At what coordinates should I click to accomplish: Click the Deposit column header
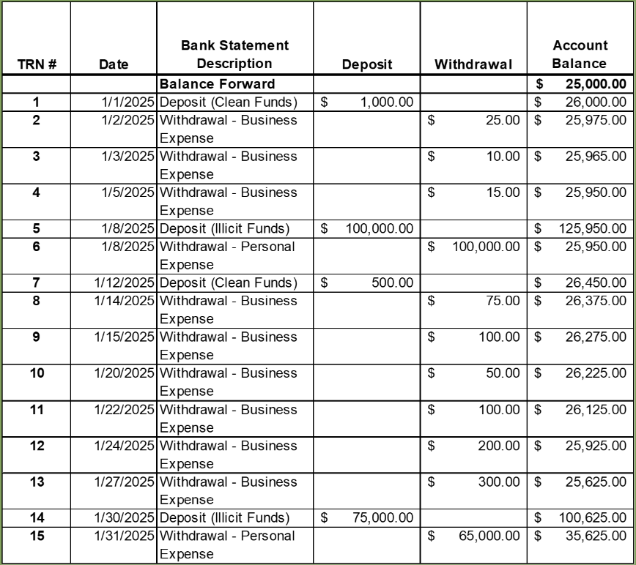[x=366, y=64]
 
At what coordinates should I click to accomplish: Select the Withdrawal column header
[x=473, y=64]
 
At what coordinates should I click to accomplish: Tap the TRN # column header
[x=36, y=64]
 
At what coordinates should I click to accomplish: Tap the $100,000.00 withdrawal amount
[x=487, y=247]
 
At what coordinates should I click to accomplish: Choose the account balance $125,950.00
[x=593, y=228]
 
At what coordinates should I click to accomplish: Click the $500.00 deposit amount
[x=392, y=282]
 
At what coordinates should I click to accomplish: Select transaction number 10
[x=36, y=373]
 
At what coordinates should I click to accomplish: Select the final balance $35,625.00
[x=596, y=536]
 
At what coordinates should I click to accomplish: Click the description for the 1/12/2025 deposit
[x=228, y=282]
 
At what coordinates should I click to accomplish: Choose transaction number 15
[x=36, y=536]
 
